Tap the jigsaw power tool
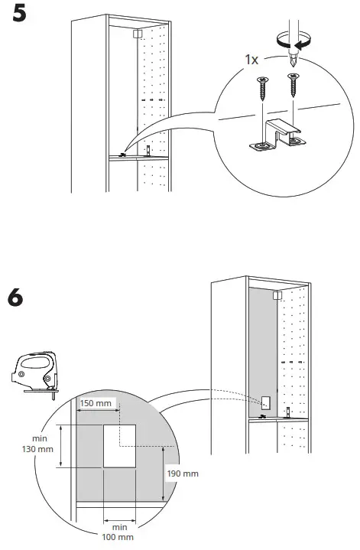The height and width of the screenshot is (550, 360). (35, 374)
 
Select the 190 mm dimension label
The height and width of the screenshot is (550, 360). (182, 474)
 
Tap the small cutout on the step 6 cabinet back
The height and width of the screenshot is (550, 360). (265, 402)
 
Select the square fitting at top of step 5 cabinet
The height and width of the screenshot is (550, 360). (137, 34)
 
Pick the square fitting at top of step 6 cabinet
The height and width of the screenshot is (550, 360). (277, 294)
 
